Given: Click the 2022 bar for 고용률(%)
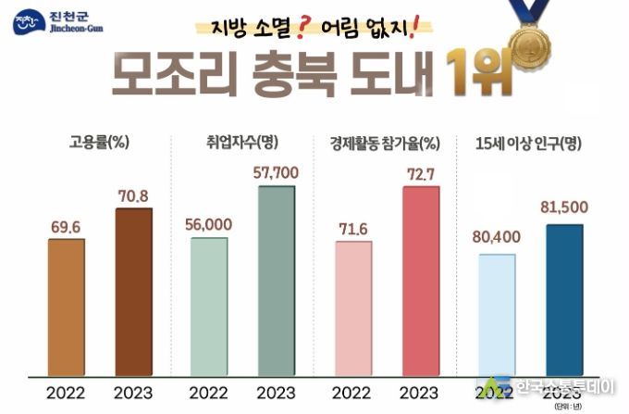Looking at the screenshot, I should (66, 307).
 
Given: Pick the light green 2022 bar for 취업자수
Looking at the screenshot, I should (209, 306).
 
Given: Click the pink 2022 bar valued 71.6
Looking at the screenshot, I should (353, 307).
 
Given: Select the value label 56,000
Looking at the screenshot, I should (208, 223).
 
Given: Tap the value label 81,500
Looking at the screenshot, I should (564, 207).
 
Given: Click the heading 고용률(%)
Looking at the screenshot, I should (98, 143).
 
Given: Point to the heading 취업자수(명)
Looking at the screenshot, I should (242, 143).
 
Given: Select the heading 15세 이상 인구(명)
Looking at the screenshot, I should (527, 143).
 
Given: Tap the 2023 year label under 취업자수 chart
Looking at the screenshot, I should (276, 392).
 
